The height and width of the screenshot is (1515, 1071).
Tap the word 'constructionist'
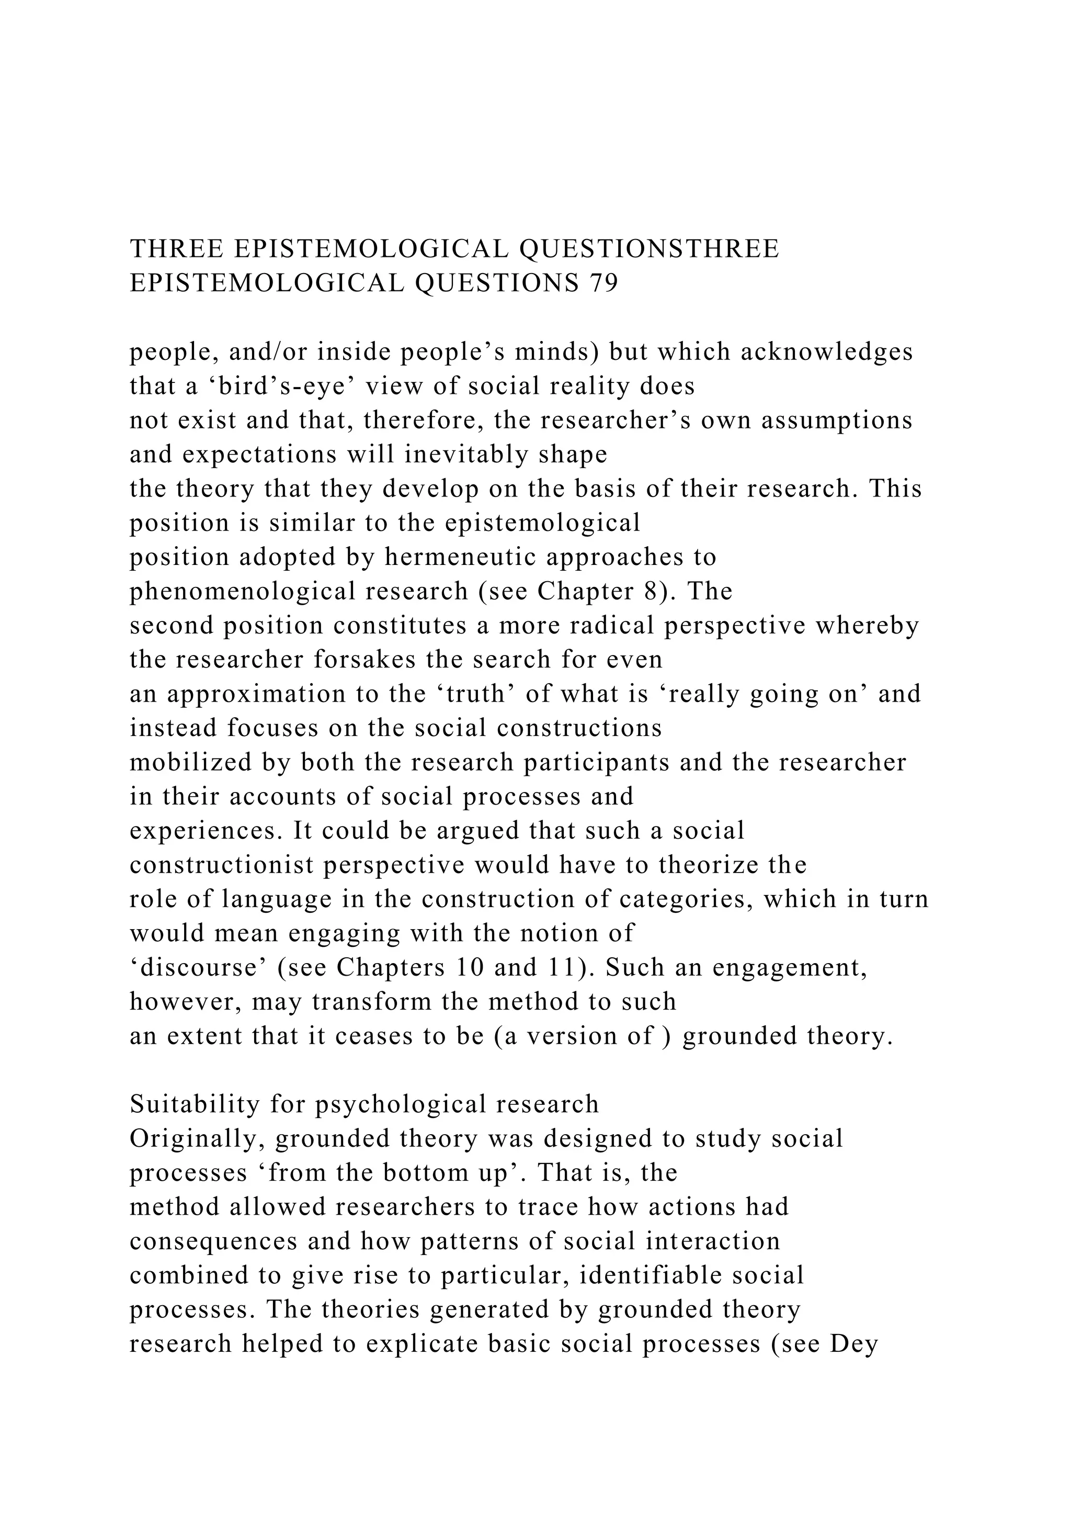click(x=222, y=865)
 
